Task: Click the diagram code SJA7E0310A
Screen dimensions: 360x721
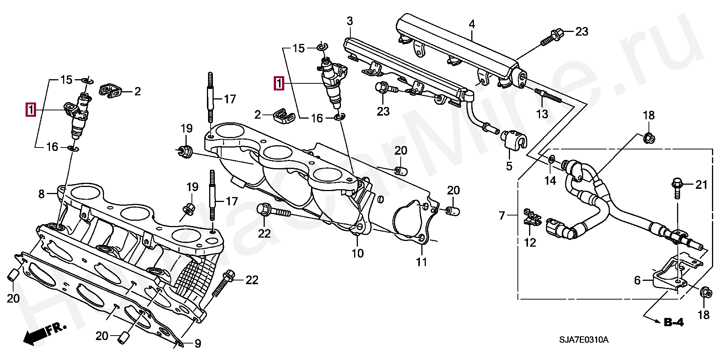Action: [584, 340]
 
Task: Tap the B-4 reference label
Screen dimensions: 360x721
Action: [674, 322]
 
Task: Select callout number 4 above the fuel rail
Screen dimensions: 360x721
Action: [472, 24]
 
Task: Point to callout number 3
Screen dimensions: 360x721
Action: [350, 21]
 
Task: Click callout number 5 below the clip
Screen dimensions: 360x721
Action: [509, 166]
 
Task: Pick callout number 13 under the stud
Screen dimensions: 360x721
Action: [542, 114]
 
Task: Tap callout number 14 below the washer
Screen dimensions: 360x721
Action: [550, 181]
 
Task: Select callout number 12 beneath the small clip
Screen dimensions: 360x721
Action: [530, 243]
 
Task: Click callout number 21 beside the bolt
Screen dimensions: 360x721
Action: [701, 185]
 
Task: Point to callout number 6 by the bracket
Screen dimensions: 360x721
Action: [637, 280]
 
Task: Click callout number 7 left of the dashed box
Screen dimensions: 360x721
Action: [502, 216]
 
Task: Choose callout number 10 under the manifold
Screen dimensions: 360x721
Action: [357, 253]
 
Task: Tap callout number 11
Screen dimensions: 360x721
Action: [422, 262]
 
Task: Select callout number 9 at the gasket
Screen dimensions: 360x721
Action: [198, 343]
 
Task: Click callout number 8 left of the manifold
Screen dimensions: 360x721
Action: [41, 194]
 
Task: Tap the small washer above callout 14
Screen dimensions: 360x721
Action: [552, 159]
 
